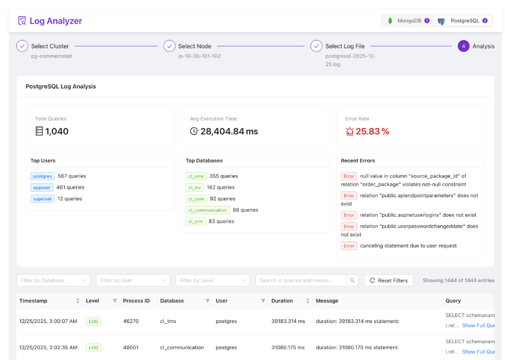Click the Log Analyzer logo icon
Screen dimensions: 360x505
tap(22, 21)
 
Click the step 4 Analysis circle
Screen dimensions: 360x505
tap(463, 46)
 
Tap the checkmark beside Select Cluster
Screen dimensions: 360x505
tap(22, 46)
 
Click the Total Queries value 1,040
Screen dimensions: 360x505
tap(57, 131)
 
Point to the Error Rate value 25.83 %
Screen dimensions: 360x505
tap(372, 131)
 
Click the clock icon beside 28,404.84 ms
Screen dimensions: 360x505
tap(194, 131)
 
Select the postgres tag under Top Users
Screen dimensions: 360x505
tap(42, 176)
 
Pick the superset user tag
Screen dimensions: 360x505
tap(42, 199)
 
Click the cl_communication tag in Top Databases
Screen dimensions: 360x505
tap(208, 210)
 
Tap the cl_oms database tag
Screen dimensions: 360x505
tap(196, 176)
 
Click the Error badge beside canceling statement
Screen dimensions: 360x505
tap(349, 246)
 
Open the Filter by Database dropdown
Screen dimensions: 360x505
tap(53, 280)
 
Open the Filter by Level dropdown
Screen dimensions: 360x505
tap(213, 280)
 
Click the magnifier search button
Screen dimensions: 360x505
tap(352, 280)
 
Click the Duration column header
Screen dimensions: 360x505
tap(282, 301)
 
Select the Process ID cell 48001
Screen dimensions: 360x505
tap(131, 347)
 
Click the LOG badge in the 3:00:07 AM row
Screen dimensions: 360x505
tap(93, 321)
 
